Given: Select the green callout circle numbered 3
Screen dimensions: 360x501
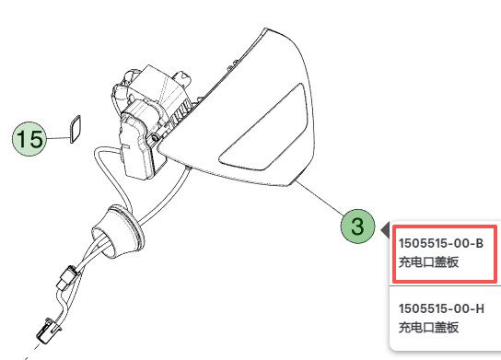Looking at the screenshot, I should click(x=357, y=226).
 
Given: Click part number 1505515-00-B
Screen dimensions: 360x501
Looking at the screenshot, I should click(x=441, y=243).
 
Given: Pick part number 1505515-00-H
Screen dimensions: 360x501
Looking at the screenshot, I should click(x=441, y=308).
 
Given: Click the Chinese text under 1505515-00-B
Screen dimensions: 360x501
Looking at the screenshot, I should click(x=428, y=263).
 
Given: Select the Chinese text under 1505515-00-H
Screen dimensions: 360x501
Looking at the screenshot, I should click(x=428, y=328).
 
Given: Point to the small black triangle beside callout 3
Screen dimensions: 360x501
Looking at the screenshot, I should click(x=383, y=227).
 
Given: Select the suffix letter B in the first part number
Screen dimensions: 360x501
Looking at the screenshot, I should click(x=479, y=243).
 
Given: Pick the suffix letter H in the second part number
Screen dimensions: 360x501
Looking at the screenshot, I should click(x=479, y=308).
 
